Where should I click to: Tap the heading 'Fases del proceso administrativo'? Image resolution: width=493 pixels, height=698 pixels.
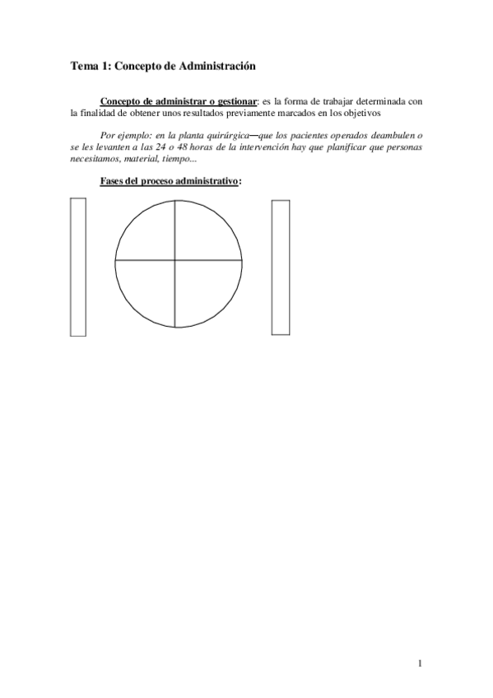point(169,181)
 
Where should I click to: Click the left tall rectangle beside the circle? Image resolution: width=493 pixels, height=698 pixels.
point(78,267)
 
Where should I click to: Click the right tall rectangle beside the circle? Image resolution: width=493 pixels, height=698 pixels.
point(281,267)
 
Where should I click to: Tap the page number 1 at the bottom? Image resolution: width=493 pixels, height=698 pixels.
point(420,663)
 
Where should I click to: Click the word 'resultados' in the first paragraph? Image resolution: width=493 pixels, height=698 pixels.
point(197,113)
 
